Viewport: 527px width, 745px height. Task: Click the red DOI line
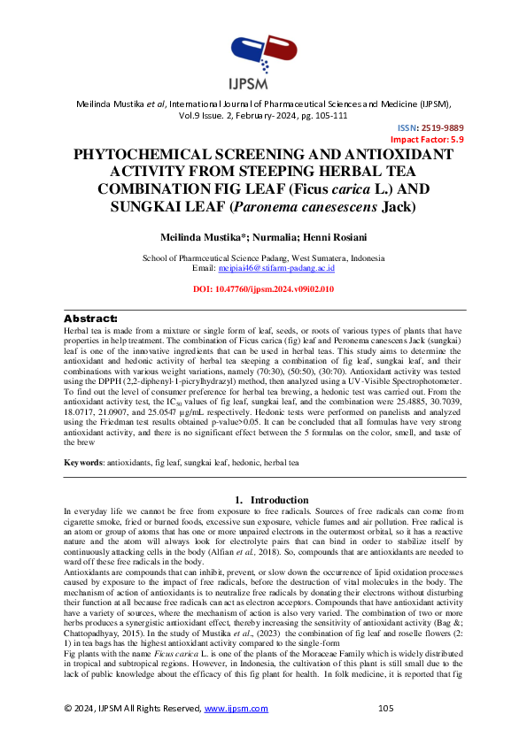click(x=263, y=289)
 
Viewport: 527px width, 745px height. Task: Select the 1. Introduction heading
click(x=263, y=500)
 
